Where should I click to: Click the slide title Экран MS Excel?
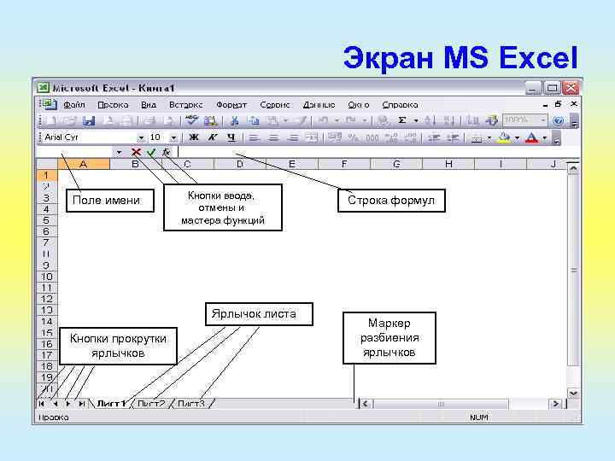tap(460, 58)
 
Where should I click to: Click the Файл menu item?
tap(74, 104)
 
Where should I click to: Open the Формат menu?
tap(231, 104)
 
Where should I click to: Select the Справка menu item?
tap(401, 104)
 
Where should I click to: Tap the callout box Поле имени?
tap(106, 201)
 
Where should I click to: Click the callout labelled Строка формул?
tap(390, 201)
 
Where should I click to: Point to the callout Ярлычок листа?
tap(254, 314)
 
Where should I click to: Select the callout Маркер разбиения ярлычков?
tap(389, 337)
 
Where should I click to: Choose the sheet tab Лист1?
tap(111, 403)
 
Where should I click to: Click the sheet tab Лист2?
tap(151, 403)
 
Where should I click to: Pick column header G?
tap(396, 164)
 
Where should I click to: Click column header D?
tap(239, 164)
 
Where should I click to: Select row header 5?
tap(46, 219)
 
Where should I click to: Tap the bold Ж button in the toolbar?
tap(194, 137)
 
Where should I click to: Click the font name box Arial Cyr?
tap(90, 137)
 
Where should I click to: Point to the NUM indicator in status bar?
tap(479, 417)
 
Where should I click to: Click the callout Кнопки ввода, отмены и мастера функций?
tap(220, 208)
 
